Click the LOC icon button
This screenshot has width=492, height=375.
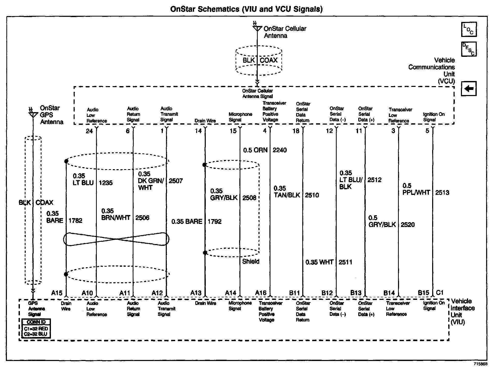[x=469, y=29]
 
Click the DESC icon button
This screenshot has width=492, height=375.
[x=469, y=49]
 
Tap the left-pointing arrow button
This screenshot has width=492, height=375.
[x=469, y=89]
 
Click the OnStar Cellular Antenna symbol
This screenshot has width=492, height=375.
[x=257, y=27]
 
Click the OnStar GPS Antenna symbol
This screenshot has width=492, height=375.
[x=33, y=114]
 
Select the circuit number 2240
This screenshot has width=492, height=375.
[x=280, y=150]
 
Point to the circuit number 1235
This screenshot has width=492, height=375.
[x=105, y=183]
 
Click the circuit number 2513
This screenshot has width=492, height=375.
[x=442, y=193]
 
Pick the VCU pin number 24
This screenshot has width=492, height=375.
[x=89, y=131]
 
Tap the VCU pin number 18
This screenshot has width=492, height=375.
[x=296, y=131]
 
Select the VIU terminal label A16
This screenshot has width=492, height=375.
[x=261, y=293]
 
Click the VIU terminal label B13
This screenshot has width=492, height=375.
[x=356, y=293]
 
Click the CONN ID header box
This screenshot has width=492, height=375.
[x=36, y=322]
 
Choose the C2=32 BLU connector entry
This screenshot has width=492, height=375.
[x=36, y=334]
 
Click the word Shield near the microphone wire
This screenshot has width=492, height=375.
[x=251, y=261]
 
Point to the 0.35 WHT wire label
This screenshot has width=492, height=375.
[x=319, y=262]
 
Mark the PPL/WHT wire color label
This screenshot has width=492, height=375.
[x=416, y=193]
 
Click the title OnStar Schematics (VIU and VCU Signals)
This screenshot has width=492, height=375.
[x=246, y=9]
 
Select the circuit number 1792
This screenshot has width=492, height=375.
[x=214, y=222]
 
